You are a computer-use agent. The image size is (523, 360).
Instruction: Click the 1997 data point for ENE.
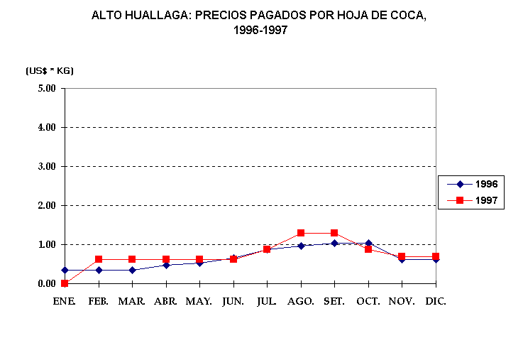point(65,283)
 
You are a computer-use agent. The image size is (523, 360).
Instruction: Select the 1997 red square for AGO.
point(301,233)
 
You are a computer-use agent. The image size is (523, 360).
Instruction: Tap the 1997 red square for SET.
point(334,233)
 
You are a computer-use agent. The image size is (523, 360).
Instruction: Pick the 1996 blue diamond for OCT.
point(368,243)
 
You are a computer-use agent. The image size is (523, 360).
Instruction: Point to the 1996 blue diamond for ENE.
point(65,270)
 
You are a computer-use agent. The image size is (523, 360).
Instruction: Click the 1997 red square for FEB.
point(99,259)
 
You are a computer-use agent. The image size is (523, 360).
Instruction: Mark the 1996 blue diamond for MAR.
point(132,270)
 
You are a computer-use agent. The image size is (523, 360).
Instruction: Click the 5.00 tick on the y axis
point(46,89)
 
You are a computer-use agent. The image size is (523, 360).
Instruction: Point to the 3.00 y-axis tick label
point(46,167)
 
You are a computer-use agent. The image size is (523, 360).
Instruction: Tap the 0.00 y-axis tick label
point(46,284)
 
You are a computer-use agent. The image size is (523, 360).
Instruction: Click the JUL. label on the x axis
point(267,301)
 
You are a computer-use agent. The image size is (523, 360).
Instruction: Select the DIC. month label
point(436,301)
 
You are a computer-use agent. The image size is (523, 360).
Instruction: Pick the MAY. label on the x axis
point(199,301)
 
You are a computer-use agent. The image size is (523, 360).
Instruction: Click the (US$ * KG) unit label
point(50,70)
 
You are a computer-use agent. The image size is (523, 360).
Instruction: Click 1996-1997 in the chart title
point(261,31)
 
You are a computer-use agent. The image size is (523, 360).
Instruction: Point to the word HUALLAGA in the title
point(148,15)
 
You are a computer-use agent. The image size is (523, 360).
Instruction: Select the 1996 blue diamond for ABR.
point(166,265)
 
